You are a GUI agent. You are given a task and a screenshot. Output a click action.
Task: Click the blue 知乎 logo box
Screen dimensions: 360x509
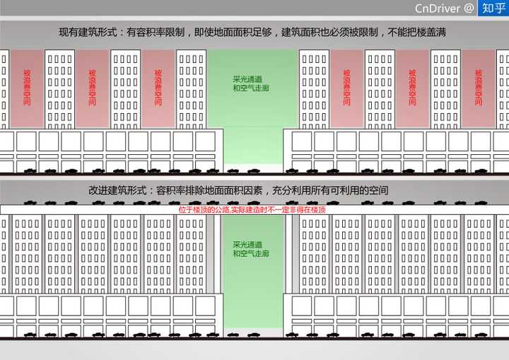[492, 8]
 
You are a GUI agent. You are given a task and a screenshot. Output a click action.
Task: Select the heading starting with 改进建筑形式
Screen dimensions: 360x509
[238, 191]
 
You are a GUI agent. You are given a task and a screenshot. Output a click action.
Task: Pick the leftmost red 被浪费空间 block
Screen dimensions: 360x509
[27, 88]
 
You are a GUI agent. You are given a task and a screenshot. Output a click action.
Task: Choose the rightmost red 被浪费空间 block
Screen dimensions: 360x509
[478, 88]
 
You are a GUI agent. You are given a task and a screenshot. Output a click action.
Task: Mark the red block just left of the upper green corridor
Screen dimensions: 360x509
[158, 88]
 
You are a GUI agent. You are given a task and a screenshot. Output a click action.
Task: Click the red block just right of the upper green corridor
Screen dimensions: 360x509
[346, 88]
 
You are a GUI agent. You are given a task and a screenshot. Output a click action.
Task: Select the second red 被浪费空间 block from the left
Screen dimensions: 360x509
[92, 88]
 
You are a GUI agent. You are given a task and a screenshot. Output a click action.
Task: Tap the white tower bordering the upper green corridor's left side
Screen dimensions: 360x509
[191, 88]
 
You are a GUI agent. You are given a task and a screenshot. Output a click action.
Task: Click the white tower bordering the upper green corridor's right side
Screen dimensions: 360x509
[314, 88]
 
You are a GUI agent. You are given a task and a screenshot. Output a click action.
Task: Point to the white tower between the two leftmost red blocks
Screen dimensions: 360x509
[59, 88]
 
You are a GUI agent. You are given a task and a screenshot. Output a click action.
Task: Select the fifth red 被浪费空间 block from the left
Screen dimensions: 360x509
[412, 88]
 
